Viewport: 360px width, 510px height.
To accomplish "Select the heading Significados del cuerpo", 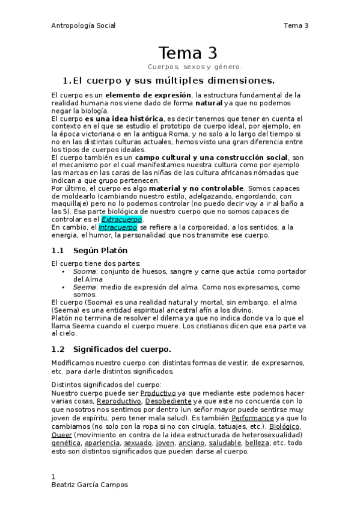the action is (x=122, y=349).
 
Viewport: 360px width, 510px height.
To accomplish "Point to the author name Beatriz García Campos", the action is (x=90, y=485).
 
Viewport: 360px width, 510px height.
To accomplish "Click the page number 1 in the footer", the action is (x=53, y=476).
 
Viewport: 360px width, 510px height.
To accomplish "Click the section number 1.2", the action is (x=58, y=349).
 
